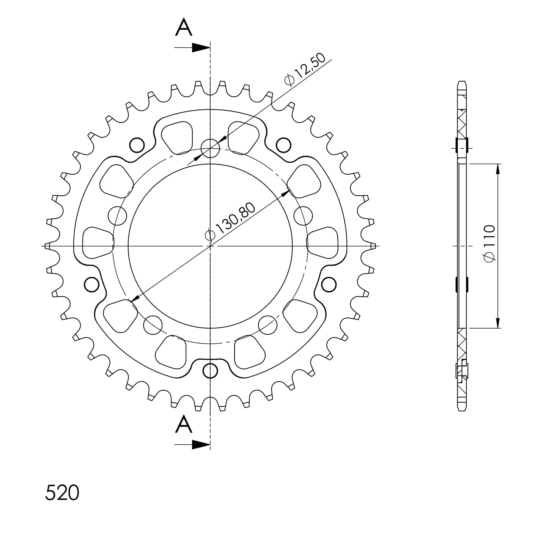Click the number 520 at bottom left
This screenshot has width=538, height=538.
tap(62, 492)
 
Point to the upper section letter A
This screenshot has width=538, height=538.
tap(183, 27)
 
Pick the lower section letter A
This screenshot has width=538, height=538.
tap(183, 424)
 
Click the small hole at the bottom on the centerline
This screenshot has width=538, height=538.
tap(210, 371)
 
